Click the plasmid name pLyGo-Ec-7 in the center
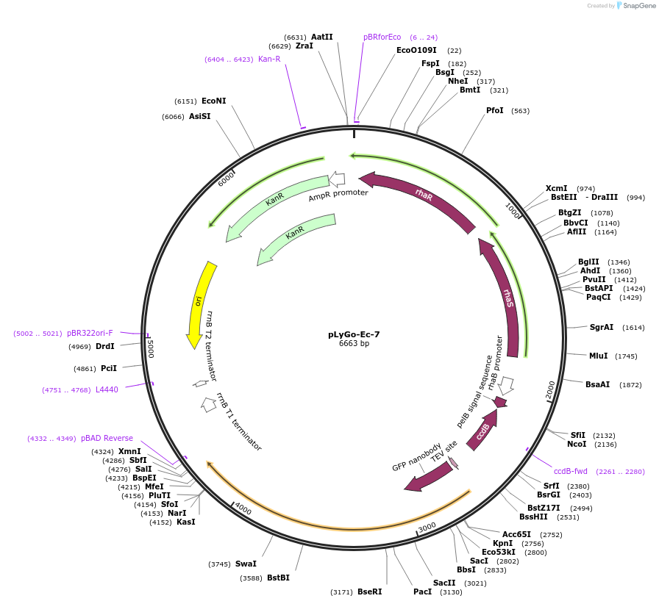coord(354,334)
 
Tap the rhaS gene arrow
coord(505,298)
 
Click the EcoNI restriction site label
coord(213,101)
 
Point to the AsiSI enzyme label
coord(199,116)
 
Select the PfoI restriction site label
coord(495,111)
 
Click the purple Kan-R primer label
coord(269,59)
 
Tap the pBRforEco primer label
coord(382,37)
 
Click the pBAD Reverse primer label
coord(107,438)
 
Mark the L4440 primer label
coord(107,389)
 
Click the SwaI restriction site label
coord(246,564)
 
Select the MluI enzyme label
coord(599,356)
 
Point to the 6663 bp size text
coord(354,344)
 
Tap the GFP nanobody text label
coord(417,457)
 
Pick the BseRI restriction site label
coord(369,592)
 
